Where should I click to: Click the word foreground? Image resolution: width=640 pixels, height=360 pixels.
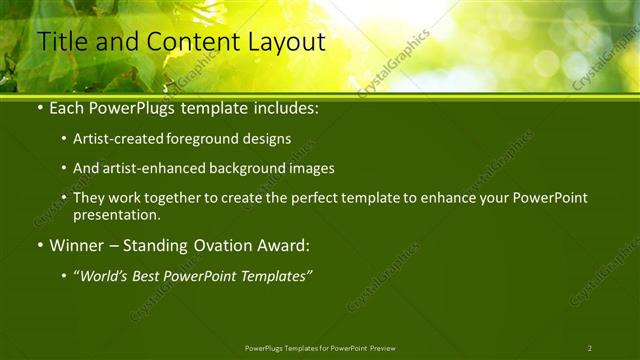pyautogui.click(x=209, y=138)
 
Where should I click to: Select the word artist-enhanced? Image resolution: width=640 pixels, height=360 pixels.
pyautogui.click(x=153, y=168)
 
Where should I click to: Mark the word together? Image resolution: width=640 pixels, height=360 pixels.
pyautogui.click(x=174, y=198)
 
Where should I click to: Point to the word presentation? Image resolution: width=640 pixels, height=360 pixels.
pyautogui.click(x=116, y=214)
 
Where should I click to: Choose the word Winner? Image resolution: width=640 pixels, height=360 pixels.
pyautogui.click(x=77, y=245)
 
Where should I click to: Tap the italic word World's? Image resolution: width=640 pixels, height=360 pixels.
pyautogui.click(x=107, y=276)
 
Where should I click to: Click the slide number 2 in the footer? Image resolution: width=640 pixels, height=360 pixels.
pyautogui.click(x=589, y=348)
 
